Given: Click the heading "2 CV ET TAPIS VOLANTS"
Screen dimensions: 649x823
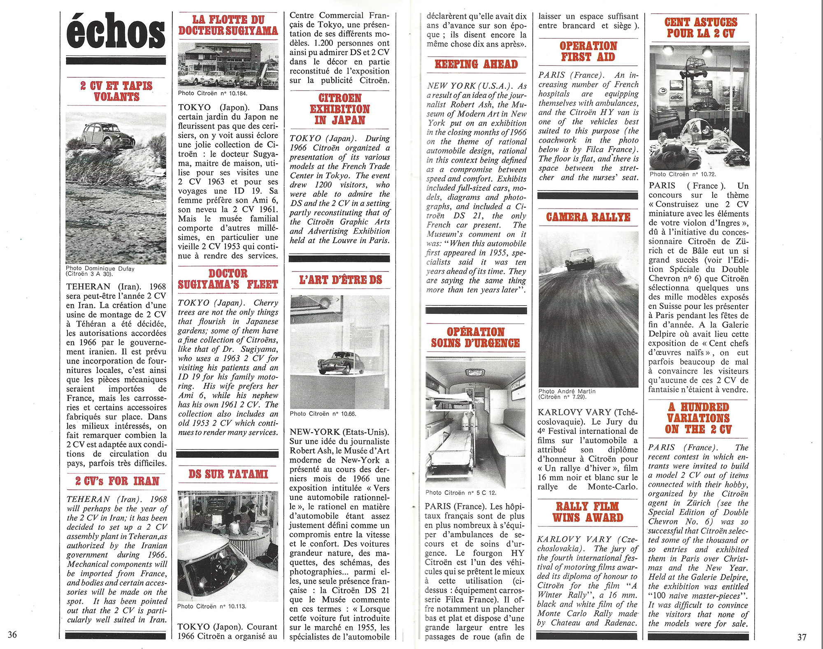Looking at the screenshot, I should coord(116,91).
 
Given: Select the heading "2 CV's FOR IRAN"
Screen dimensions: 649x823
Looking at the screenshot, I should coord(117,481).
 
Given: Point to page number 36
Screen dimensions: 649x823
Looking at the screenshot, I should coord(12,634).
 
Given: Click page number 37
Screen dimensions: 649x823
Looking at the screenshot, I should coord(802,637).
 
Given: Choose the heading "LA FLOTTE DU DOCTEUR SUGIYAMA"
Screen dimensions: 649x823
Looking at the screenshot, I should coord(228,25).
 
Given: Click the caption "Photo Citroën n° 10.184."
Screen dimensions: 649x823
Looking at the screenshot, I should coord(212,93).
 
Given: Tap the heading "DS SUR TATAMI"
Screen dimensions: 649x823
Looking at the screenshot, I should coord(228,474).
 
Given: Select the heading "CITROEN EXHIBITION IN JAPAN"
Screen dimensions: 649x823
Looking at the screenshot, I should coord(339,109).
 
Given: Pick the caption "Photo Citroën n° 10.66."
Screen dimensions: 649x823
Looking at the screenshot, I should coord(323,414).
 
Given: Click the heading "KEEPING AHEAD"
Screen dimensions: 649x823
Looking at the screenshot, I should coord(476,64).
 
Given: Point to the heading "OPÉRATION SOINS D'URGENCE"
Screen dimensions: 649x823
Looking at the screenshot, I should coord(476,337).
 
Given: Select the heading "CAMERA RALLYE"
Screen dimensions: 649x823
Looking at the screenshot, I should coord(588,217).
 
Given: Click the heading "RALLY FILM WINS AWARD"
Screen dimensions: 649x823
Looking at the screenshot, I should coord(588,512).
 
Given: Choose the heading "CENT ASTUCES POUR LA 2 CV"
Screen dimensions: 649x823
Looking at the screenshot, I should coord(700,28).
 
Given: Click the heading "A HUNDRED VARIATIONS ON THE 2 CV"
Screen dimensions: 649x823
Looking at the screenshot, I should coord(698,418).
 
